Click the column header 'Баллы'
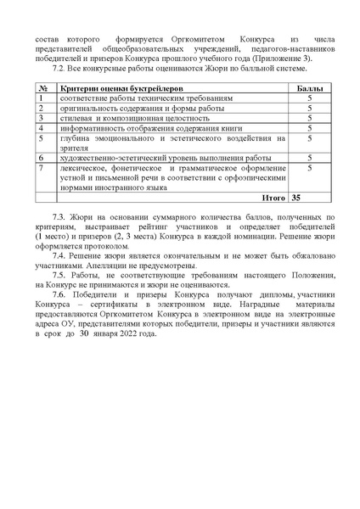click(304, 88)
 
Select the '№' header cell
click(42, 88)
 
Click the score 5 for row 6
click(310, 158)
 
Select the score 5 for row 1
click(310, 98)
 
